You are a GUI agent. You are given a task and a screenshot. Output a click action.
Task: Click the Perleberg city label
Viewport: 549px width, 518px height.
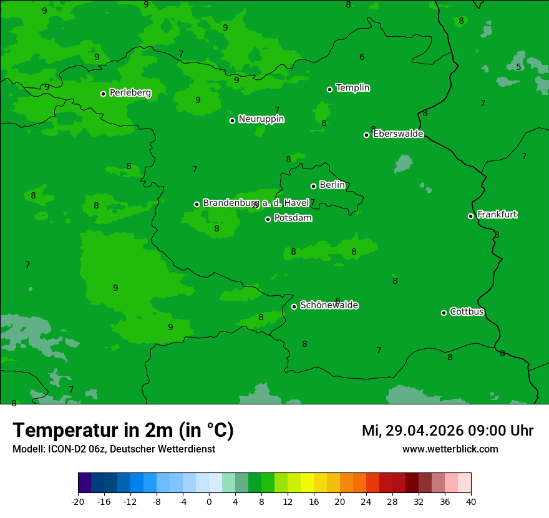(130, 93)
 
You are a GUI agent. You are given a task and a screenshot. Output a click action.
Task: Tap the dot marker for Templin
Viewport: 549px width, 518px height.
(329, 89)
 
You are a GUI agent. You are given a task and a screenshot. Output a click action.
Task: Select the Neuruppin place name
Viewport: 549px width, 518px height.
(261, 119)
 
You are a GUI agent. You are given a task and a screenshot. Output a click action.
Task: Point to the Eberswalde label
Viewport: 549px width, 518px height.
(398, 134)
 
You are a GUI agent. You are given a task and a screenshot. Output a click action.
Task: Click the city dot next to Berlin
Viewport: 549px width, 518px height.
(313, 186)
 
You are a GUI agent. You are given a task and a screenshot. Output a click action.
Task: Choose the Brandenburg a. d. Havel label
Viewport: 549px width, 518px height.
(256, 203)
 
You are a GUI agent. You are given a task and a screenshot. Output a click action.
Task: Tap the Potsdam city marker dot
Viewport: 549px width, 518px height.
(268, 219)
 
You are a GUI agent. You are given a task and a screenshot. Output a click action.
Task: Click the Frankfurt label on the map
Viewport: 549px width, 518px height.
(497, 215)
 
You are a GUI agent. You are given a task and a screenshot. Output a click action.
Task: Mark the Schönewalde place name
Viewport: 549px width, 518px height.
(329, 305)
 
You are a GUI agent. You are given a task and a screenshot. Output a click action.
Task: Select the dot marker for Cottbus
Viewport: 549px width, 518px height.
(444, 313)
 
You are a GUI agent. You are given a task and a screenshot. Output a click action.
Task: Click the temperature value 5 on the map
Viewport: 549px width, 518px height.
(518, 67)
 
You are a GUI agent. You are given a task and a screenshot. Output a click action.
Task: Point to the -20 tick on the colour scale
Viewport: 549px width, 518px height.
(78, 501)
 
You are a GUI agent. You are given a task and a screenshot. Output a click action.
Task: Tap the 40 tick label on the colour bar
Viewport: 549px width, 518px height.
(471, 501)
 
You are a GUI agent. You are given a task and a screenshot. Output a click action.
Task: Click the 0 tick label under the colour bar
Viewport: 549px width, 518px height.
(209, 501)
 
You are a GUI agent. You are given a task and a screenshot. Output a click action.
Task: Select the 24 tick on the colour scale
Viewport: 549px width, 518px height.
(366, 501)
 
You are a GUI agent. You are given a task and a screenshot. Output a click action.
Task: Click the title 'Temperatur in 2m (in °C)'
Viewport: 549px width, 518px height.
(123, 431)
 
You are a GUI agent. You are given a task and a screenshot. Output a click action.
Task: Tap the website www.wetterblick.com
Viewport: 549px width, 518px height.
(450, 449)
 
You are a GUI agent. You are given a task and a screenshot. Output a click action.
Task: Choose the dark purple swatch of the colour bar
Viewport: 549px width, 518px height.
(84, 483)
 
